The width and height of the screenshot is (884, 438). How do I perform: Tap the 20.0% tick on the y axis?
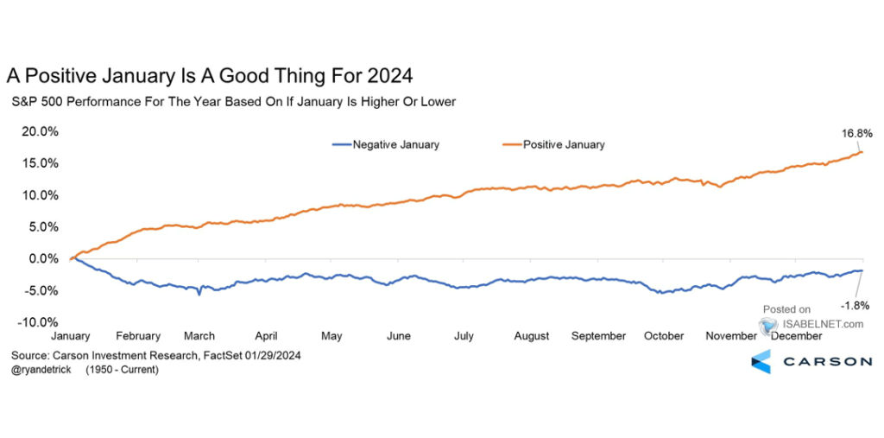click(40, 131)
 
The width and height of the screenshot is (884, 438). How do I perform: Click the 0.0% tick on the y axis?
click(43, 258)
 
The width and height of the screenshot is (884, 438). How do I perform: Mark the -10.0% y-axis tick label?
click(38, 321)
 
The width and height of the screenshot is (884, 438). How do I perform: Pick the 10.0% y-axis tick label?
click(40, 195)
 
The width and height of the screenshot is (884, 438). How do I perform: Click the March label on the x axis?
click(199, 335)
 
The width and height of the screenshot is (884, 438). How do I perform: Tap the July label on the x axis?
click(463, 335)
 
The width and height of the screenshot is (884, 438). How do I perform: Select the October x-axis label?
click(664, 335)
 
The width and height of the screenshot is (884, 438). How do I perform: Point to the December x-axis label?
click(796, 335)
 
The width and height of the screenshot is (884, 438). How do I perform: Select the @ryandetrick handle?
click(41, 369)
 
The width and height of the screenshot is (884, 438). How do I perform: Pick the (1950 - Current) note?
click(122, 369)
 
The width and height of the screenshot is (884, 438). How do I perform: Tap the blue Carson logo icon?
click(761, 362)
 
